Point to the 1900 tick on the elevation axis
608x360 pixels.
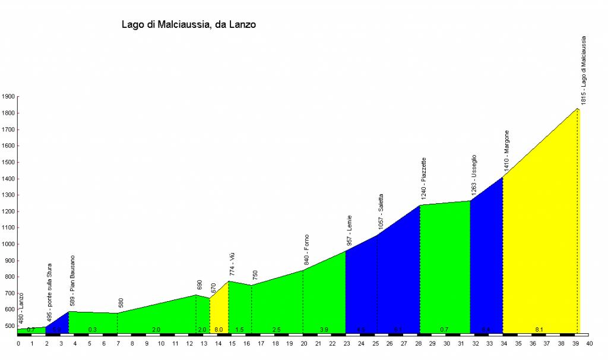click(8, 97)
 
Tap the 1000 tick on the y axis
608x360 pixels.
click(8, 244)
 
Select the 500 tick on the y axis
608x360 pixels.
click(9, 326)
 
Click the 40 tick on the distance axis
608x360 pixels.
click(590, 343)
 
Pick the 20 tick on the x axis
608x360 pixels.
click(304, 343)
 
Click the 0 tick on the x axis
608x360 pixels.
click(18, 343)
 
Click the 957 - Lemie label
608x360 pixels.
click(349, 230)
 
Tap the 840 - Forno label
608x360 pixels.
click(306, 250)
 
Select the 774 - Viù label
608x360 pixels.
click(232, 264)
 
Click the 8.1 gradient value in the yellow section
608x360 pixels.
click(539, 329)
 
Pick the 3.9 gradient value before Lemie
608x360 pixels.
click(324, 329)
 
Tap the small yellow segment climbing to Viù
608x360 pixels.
click(219, 309)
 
